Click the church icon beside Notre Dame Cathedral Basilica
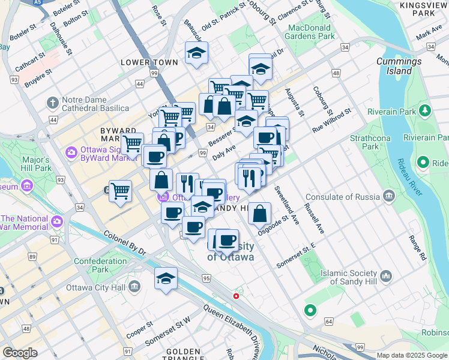coord(53,103)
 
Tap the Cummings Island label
coord(398,66)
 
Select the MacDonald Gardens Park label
coord(319,32)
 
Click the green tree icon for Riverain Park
coord(426,111)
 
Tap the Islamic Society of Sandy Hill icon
coord(386,277)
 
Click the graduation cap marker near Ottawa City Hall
coord(166,278)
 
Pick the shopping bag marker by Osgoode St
coord(259,213)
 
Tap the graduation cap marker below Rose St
coord(196,53)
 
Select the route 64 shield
coord(329,322)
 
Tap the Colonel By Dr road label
coord(125,244)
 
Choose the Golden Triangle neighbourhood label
coord(183,355)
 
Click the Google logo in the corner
coord(20,353)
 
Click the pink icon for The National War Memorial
coord(57,221)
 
